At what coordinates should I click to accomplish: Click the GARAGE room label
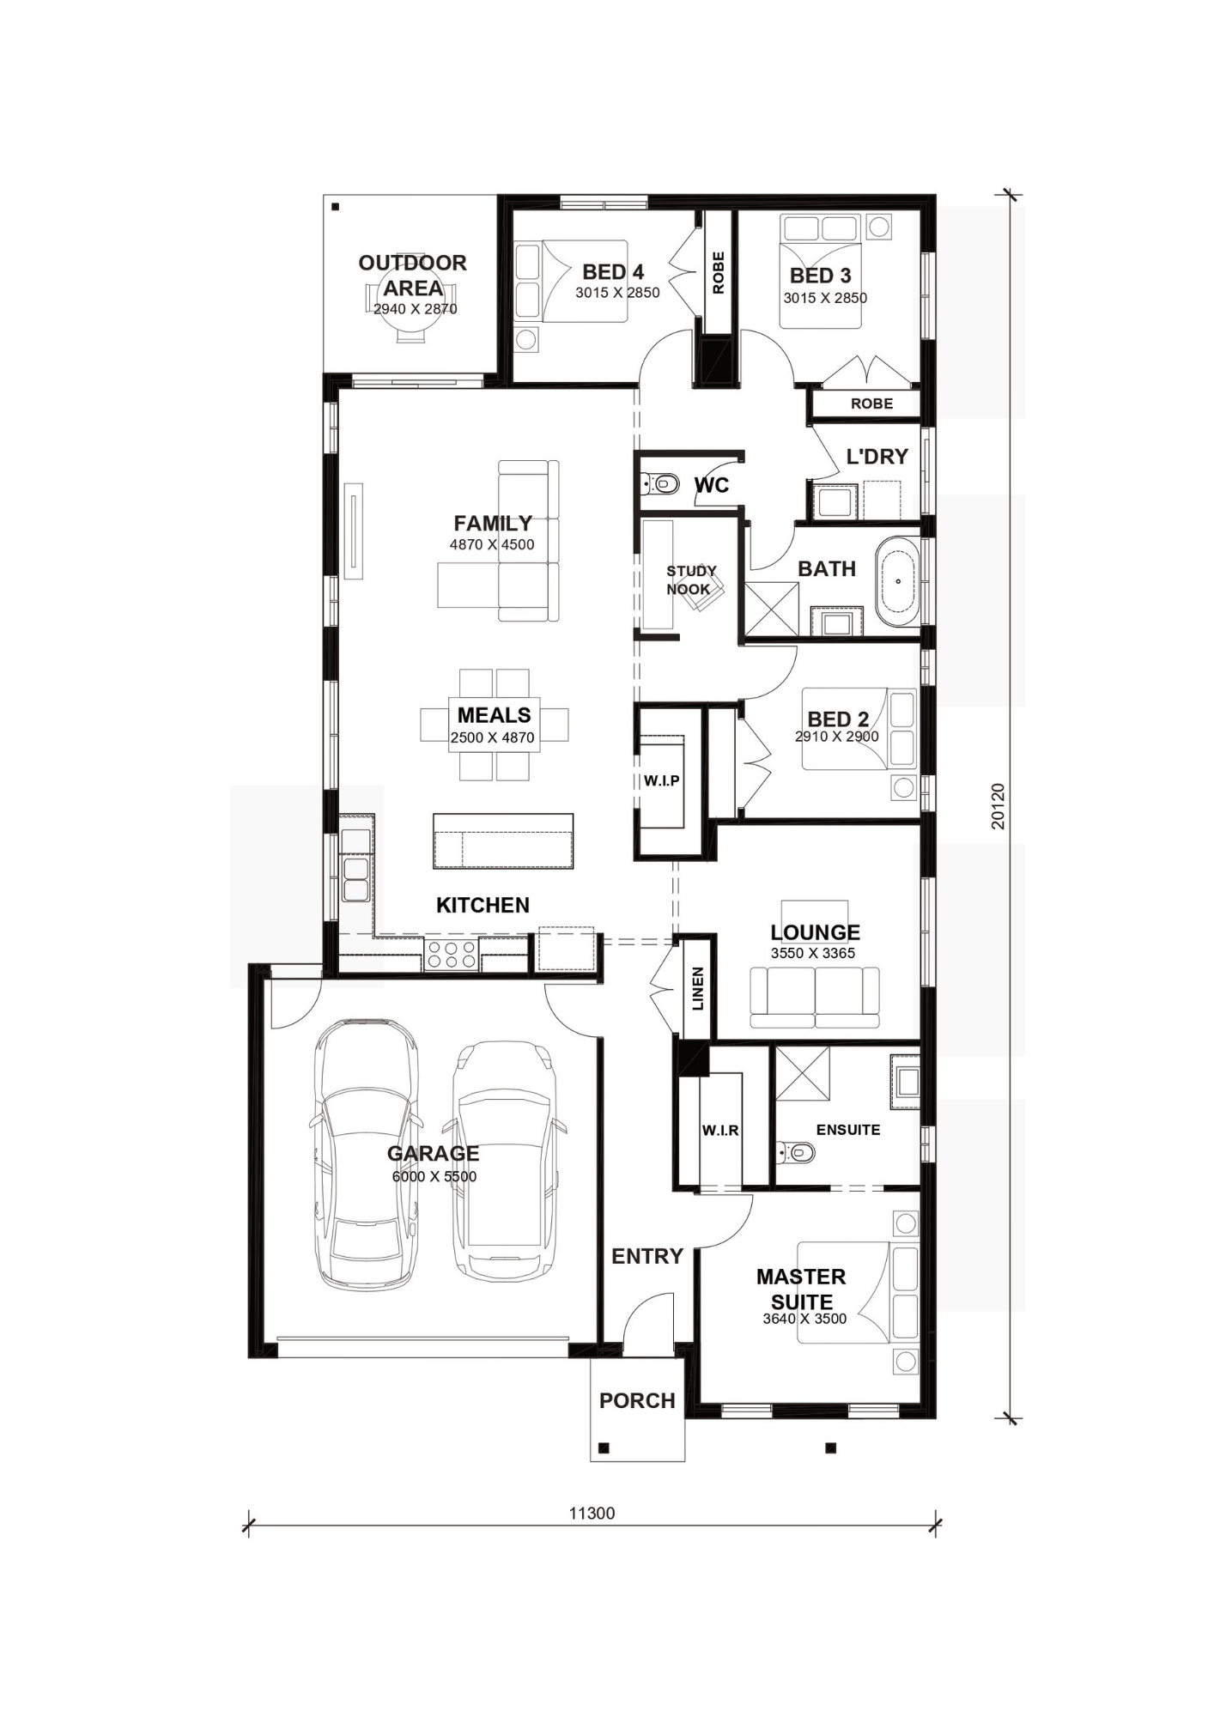(433, 1153)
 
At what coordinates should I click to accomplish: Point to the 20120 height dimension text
(998, 805)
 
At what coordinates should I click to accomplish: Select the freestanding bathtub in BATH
(897, 581)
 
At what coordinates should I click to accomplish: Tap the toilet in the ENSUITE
(796, 1151)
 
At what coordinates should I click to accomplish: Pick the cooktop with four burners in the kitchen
(452, 954)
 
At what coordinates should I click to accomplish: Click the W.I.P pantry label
(661, 780)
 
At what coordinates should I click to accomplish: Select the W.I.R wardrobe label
(719, 1131)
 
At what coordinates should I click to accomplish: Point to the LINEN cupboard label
(697, 988)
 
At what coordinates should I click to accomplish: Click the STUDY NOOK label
(690, 579)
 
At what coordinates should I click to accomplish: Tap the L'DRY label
(877, 457)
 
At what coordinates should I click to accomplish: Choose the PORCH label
(637, 1400)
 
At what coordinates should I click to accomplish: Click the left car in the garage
(367, 1154)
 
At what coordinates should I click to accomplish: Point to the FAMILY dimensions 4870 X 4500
(492, 544)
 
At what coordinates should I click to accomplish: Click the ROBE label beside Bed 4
(719, 272)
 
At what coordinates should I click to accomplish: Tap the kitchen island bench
(503, 841)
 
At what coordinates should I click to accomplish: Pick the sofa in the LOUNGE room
(815, 997)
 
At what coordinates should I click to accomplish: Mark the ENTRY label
(647, 1256)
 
